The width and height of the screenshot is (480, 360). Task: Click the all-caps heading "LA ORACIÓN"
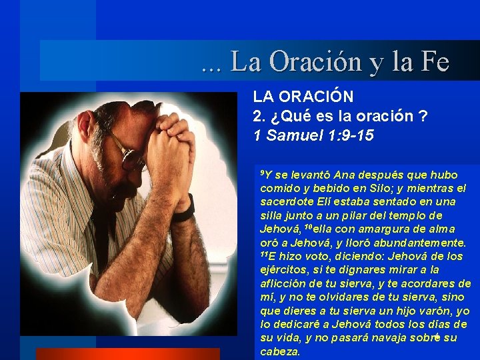(303, 97)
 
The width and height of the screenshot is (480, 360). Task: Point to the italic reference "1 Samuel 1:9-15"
(313, 135)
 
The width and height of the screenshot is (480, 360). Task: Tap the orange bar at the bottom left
(127, 354)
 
